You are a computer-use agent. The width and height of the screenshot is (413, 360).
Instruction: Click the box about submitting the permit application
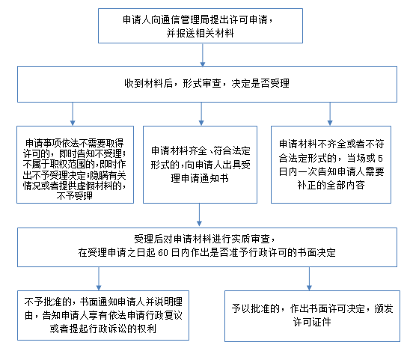pos(201,26)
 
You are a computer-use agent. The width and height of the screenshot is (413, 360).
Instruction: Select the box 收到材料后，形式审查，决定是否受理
pos(207,84)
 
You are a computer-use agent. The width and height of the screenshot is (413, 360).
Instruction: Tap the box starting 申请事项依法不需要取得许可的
pos(75,165)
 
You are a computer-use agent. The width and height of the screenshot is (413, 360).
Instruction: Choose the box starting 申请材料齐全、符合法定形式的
pos(200,165)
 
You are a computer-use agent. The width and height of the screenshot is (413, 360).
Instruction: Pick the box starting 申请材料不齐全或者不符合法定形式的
pos(331,165)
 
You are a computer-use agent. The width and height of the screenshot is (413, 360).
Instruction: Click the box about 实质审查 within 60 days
pos(207,247)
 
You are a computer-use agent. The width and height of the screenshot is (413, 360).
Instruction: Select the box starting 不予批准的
pos(103,315)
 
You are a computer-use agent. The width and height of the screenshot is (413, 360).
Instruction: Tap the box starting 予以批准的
pos(312,316)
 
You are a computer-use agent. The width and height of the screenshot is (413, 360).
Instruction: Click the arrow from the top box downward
pos(203,55)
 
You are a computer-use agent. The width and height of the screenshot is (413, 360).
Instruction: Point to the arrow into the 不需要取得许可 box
pos(73,114)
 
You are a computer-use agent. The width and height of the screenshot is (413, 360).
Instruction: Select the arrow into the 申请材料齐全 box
pos(201,114)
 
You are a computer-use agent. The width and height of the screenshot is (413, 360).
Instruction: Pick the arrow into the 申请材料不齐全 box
pos(330,114)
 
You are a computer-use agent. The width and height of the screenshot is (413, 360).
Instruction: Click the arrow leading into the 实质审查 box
pos(199,215)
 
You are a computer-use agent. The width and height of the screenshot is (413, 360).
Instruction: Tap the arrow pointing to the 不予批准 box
pos(99,278)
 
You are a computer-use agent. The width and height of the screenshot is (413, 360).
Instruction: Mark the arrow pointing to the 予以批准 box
pos(309,278)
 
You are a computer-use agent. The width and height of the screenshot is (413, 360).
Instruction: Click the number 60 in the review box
pos(163,253)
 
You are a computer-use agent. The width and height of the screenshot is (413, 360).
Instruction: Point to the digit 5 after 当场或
pos(380,158)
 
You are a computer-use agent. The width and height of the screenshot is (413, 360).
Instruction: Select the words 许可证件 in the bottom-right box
pos(312,322)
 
